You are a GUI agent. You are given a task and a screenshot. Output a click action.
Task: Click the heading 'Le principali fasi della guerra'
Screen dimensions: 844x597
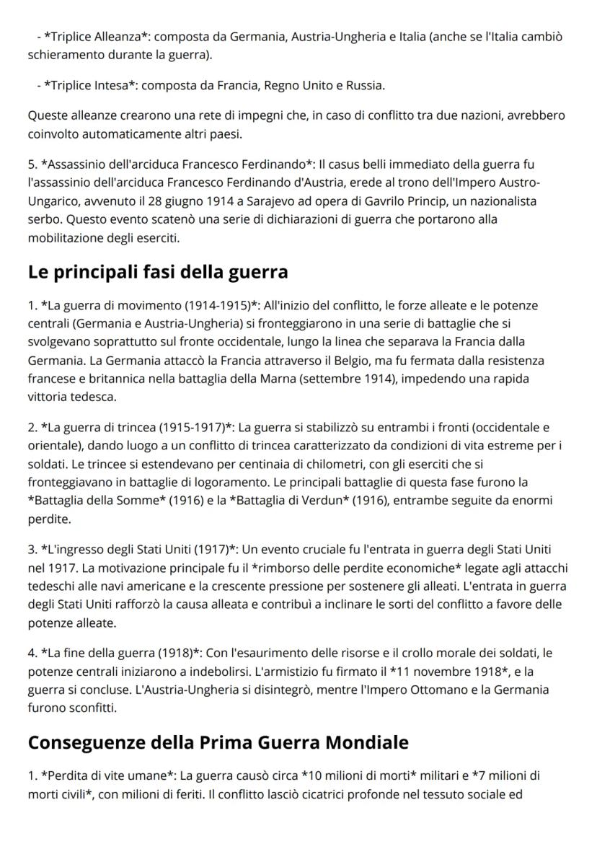click(157, 272)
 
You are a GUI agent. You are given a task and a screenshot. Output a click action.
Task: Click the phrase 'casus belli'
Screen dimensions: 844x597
click(355, 165)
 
